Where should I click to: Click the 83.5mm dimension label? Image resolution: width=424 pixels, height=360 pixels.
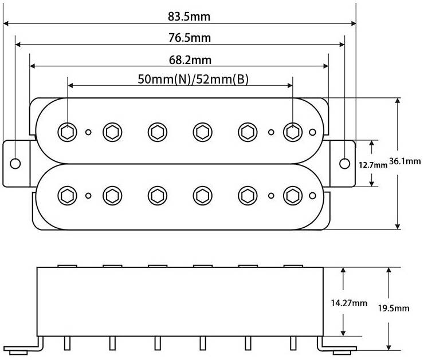coord(189,17)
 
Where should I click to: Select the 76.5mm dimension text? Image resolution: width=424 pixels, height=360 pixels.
coord(190,38)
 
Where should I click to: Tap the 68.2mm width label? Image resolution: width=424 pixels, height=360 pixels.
coord(190,60)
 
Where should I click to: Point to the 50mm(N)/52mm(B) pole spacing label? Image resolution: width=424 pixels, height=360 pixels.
coord(193,79)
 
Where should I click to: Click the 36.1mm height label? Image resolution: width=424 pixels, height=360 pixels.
coord(405,161)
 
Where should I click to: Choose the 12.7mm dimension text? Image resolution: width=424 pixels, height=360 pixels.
coord(373,164)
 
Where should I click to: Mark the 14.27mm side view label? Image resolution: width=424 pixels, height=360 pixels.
coord(349,303)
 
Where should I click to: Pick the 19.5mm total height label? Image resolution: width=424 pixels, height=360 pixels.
coord(394,308)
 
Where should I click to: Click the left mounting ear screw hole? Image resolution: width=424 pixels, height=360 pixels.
coord(15,163)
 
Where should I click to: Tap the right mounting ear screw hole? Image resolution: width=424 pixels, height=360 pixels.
coord(344,163)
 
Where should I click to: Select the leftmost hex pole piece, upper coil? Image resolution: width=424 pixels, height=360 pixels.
coord(68,132)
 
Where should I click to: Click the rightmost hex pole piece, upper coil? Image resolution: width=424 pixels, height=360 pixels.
coord(293,132)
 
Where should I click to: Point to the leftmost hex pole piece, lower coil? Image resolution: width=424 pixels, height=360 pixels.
coord(68,196)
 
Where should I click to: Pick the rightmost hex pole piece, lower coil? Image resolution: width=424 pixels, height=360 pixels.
coord(293,196)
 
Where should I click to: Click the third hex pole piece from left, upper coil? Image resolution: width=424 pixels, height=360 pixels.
coord(158,132)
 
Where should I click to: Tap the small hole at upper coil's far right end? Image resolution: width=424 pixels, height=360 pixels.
coord(312,132)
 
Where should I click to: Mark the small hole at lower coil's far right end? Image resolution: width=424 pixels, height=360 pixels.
coord(312,196)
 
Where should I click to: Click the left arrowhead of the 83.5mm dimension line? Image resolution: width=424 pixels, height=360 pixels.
coord(6,23)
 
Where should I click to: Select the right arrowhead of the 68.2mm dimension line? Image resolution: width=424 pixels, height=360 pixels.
coord(326,66)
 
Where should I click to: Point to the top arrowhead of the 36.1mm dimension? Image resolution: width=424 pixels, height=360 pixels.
coord(398,101)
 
